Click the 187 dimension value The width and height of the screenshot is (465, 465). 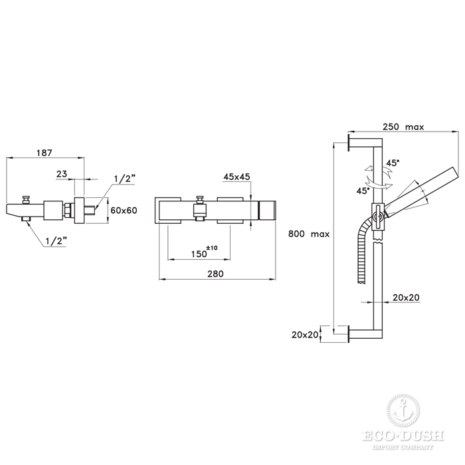coord(45,153)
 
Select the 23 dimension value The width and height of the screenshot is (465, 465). coord(62,174)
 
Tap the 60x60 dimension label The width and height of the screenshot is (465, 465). coord(124,211)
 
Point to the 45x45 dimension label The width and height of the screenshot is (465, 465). coord(236,177)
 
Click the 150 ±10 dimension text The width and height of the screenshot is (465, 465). coord(205,252)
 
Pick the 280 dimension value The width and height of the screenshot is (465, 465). coord(216,274)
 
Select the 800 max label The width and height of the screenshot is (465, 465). coord(309,234)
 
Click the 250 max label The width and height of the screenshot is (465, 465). coord(403,127)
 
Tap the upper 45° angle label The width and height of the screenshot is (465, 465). coord(393,163)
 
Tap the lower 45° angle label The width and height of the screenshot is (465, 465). coord(363,191)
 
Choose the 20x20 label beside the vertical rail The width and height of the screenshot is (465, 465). coord(407,298)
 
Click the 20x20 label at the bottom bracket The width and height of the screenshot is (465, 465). coord(305,335)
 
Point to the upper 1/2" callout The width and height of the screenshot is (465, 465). coord(125,179)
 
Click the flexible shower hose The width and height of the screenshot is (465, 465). coord(363,248)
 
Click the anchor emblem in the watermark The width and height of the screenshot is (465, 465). coord(403,411)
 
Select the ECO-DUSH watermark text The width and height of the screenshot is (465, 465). coord(403,436)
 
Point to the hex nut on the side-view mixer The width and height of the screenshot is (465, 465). coord(68,211)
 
